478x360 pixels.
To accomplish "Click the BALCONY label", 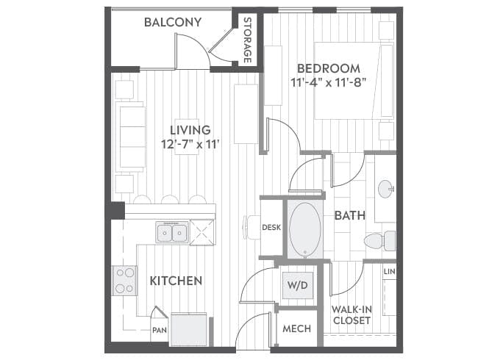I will click(172, 22).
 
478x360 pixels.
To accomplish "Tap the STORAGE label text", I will click(248, 40).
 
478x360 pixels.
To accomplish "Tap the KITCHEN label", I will click(176, 281).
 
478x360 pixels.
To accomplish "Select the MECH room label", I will click(296, 328).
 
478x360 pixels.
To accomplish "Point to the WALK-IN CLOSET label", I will click(350, 315).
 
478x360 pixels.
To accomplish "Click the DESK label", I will click(271, 228).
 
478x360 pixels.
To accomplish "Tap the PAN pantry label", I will click(159, 331).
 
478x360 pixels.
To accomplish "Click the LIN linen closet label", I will click(389, 273).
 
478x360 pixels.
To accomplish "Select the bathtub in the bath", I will click(304, 229).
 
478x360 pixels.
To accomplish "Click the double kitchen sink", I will click(173, 233).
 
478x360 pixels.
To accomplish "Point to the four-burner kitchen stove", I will click(124, 280).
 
